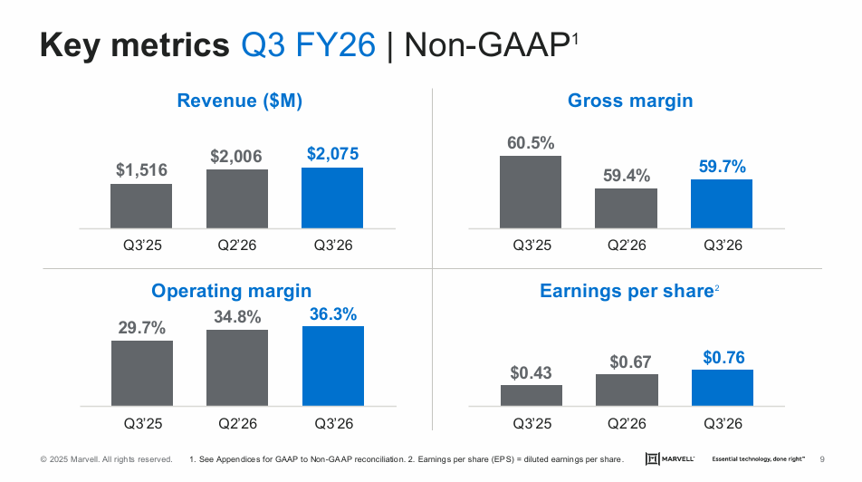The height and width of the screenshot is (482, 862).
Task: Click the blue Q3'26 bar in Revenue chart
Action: (x=332, y=198)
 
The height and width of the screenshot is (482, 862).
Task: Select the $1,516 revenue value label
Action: (x=141, y=169)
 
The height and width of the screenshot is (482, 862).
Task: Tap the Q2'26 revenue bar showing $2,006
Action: (x=236, y=198)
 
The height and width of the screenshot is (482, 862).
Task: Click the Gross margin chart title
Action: (x=630, y=101)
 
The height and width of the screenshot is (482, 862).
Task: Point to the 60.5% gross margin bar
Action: (x=531, y=192)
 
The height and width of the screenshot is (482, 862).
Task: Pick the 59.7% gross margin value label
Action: (x=722, y=166)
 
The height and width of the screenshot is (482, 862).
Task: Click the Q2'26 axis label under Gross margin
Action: (x=626, y=246)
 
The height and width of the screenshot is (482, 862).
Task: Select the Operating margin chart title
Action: (x=232, y=291)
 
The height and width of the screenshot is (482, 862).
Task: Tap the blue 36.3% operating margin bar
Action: (x=332, y=365)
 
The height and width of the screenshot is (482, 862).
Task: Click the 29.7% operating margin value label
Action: (x=141, y=327)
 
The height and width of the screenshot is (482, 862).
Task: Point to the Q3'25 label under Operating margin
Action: (x=141, y=423)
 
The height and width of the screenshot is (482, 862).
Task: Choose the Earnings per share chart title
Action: (x=627, y=291)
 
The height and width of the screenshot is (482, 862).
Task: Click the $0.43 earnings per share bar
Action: (x=531, y=395)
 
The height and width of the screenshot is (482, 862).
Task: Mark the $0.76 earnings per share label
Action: (x=723, y=358)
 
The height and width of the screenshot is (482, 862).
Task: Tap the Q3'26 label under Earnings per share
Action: (x=722, y=423)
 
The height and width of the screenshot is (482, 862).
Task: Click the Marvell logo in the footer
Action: (x=670, y=459)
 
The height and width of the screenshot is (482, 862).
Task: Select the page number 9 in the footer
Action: (x=821, y=459)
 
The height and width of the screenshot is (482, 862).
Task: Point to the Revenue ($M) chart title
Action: (x=240, y=101)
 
